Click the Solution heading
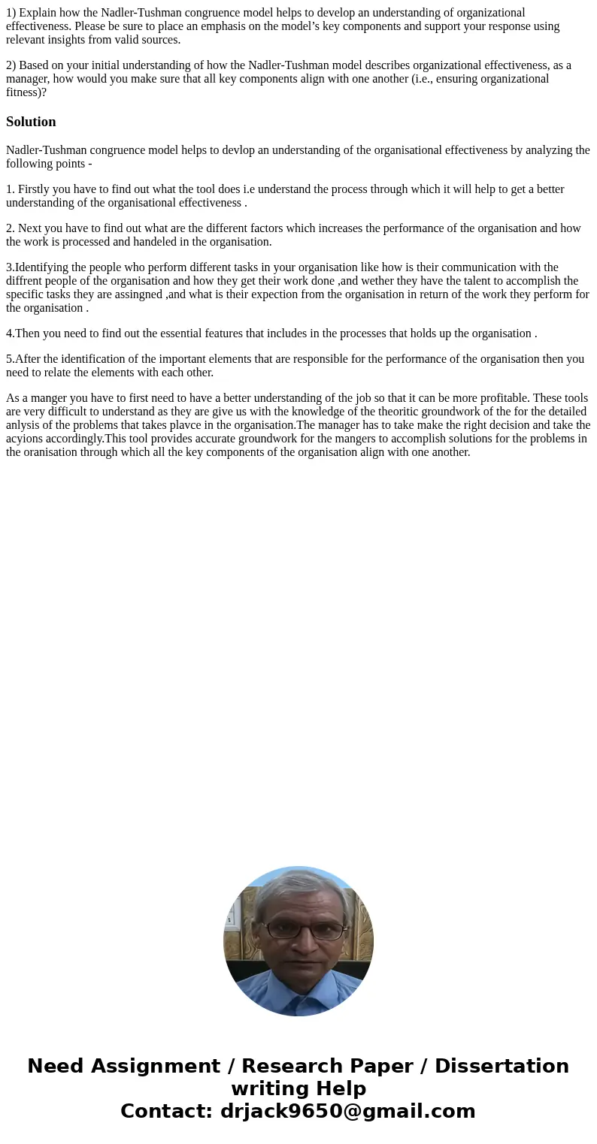pyautogui.click(x=31, y=122)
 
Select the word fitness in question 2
pyautogui.click(x=24, y=92)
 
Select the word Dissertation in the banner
pyautogui.click(x=502, y=1067)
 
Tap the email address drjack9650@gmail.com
pyautogui.click(x=347, y=1112)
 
